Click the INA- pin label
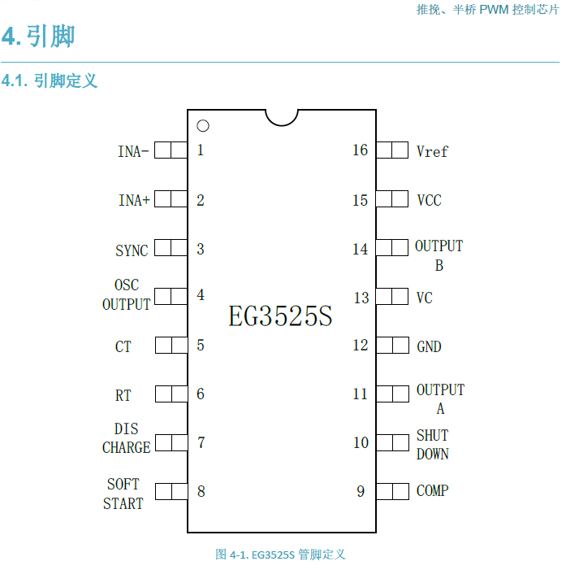pyautogui.click(x=133, y=151)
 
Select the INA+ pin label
pyautogui.click(x=134, y=200)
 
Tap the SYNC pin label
pyautogui.click(x=132, y=250)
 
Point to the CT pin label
pyautogui.click(x=123, y=346)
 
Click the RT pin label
pyautogui.click(x=123, y=396)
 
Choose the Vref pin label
pyautogui.click(x=431, y=151)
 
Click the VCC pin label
pyautogui.click(x=429, y=200)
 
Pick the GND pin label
pyautogui.click(x=429, y=346)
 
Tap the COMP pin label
pyautogui.click(x=432, y=491)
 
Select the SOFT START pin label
pyautogui.click(x=123, y=494)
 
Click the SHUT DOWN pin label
pyautogui.click(x=432, y=445)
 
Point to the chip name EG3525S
pyautogui.click(x=280, y=316)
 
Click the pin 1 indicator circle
pyautogui.click(x=203, y=126)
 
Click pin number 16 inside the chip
pyautogui.click(x=360, y=150)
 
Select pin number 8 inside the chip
pyautogui.click(x=201, y=491)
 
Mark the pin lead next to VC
pyautogui.click(x=392, y=297)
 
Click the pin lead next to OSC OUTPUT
pyautogui.click(x=171, y=296)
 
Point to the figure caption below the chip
pyautogui.click(x=281, y=555)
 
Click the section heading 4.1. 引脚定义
pyautogui.click(x=50, y=81)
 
